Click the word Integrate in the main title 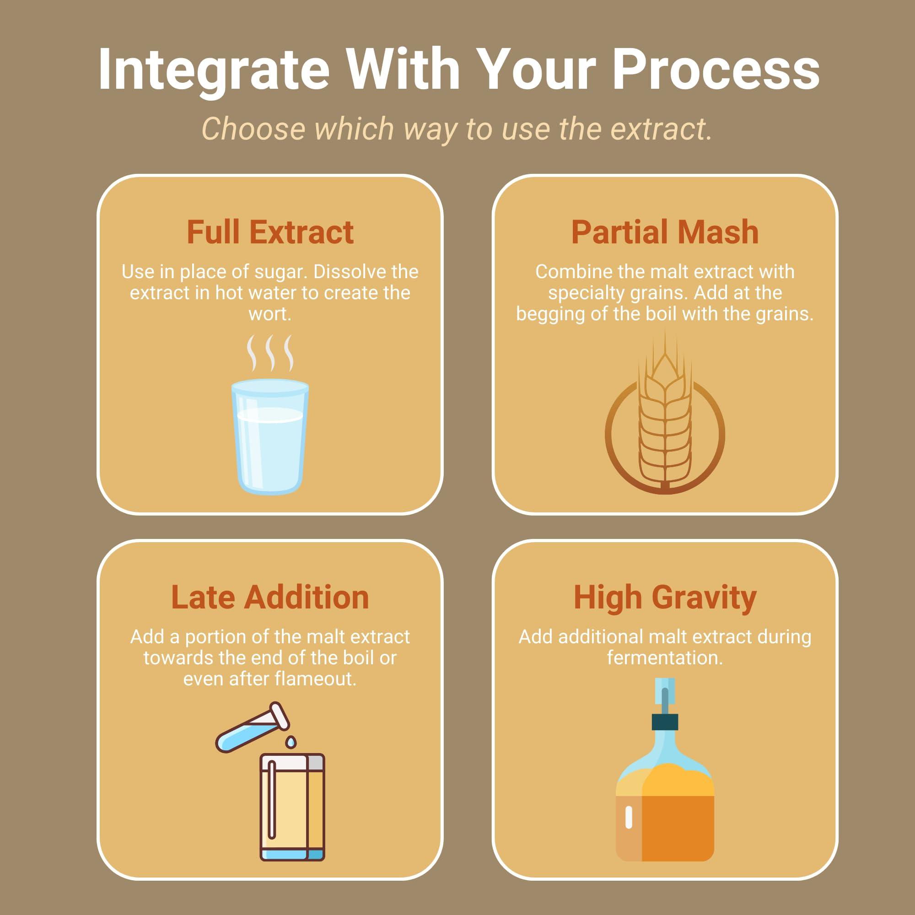[214, 70]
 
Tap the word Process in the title [716, 70]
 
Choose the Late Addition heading [270, 597]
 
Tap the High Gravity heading [664, 597]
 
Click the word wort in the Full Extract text [270, 313]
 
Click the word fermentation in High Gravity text [664, 658]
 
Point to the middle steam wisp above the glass [270, 353]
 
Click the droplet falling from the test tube [291, 742]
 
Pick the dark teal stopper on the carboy [664, 722]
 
